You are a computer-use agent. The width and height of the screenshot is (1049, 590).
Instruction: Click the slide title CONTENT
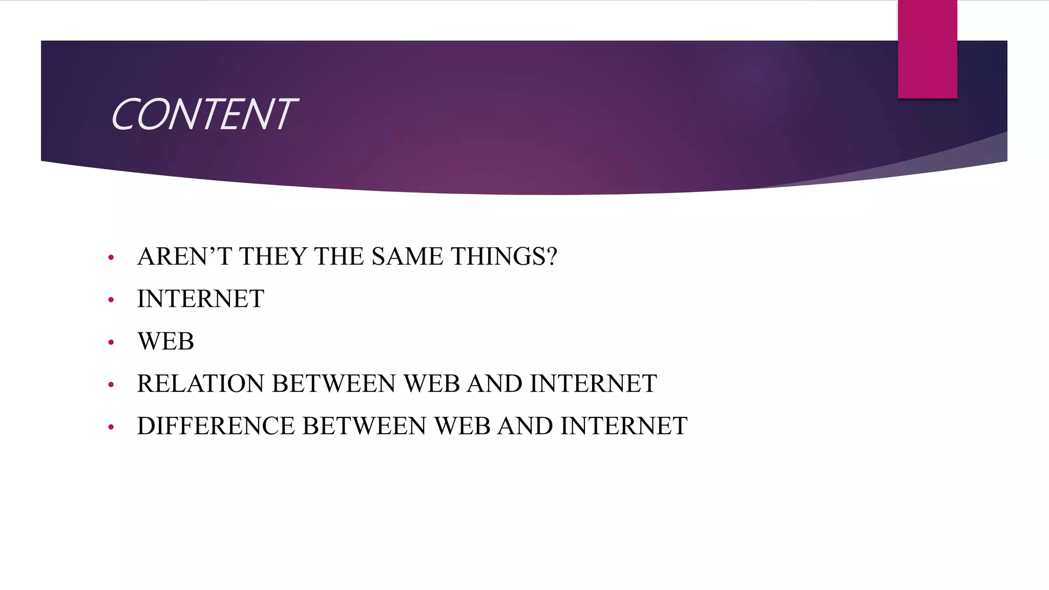coord(203,114)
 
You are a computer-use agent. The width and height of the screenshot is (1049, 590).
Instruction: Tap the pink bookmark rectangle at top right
coord(927,49)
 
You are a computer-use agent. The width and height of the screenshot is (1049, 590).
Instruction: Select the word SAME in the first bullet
coord(407,256)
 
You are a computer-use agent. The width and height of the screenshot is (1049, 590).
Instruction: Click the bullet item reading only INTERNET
coord(200,299)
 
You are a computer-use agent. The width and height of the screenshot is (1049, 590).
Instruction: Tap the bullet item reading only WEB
coord(165,341)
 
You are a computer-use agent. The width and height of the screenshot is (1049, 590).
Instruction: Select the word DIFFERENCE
coord(216,426)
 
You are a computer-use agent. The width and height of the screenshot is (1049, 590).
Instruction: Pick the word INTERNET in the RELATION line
coord(593,384)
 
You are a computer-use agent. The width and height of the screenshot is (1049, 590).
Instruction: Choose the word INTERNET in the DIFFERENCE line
coord(623,426)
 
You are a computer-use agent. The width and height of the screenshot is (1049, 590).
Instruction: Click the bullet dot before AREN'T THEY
coord(111,258)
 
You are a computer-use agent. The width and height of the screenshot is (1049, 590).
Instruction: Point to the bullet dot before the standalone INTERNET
coord(111,300)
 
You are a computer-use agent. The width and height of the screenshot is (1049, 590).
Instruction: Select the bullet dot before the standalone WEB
coord(111,343)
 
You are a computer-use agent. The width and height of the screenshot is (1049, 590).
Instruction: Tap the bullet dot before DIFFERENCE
coord(111,428)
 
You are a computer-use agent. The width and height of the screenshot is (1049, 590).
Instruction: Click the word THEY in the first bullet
coord(272,256)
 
